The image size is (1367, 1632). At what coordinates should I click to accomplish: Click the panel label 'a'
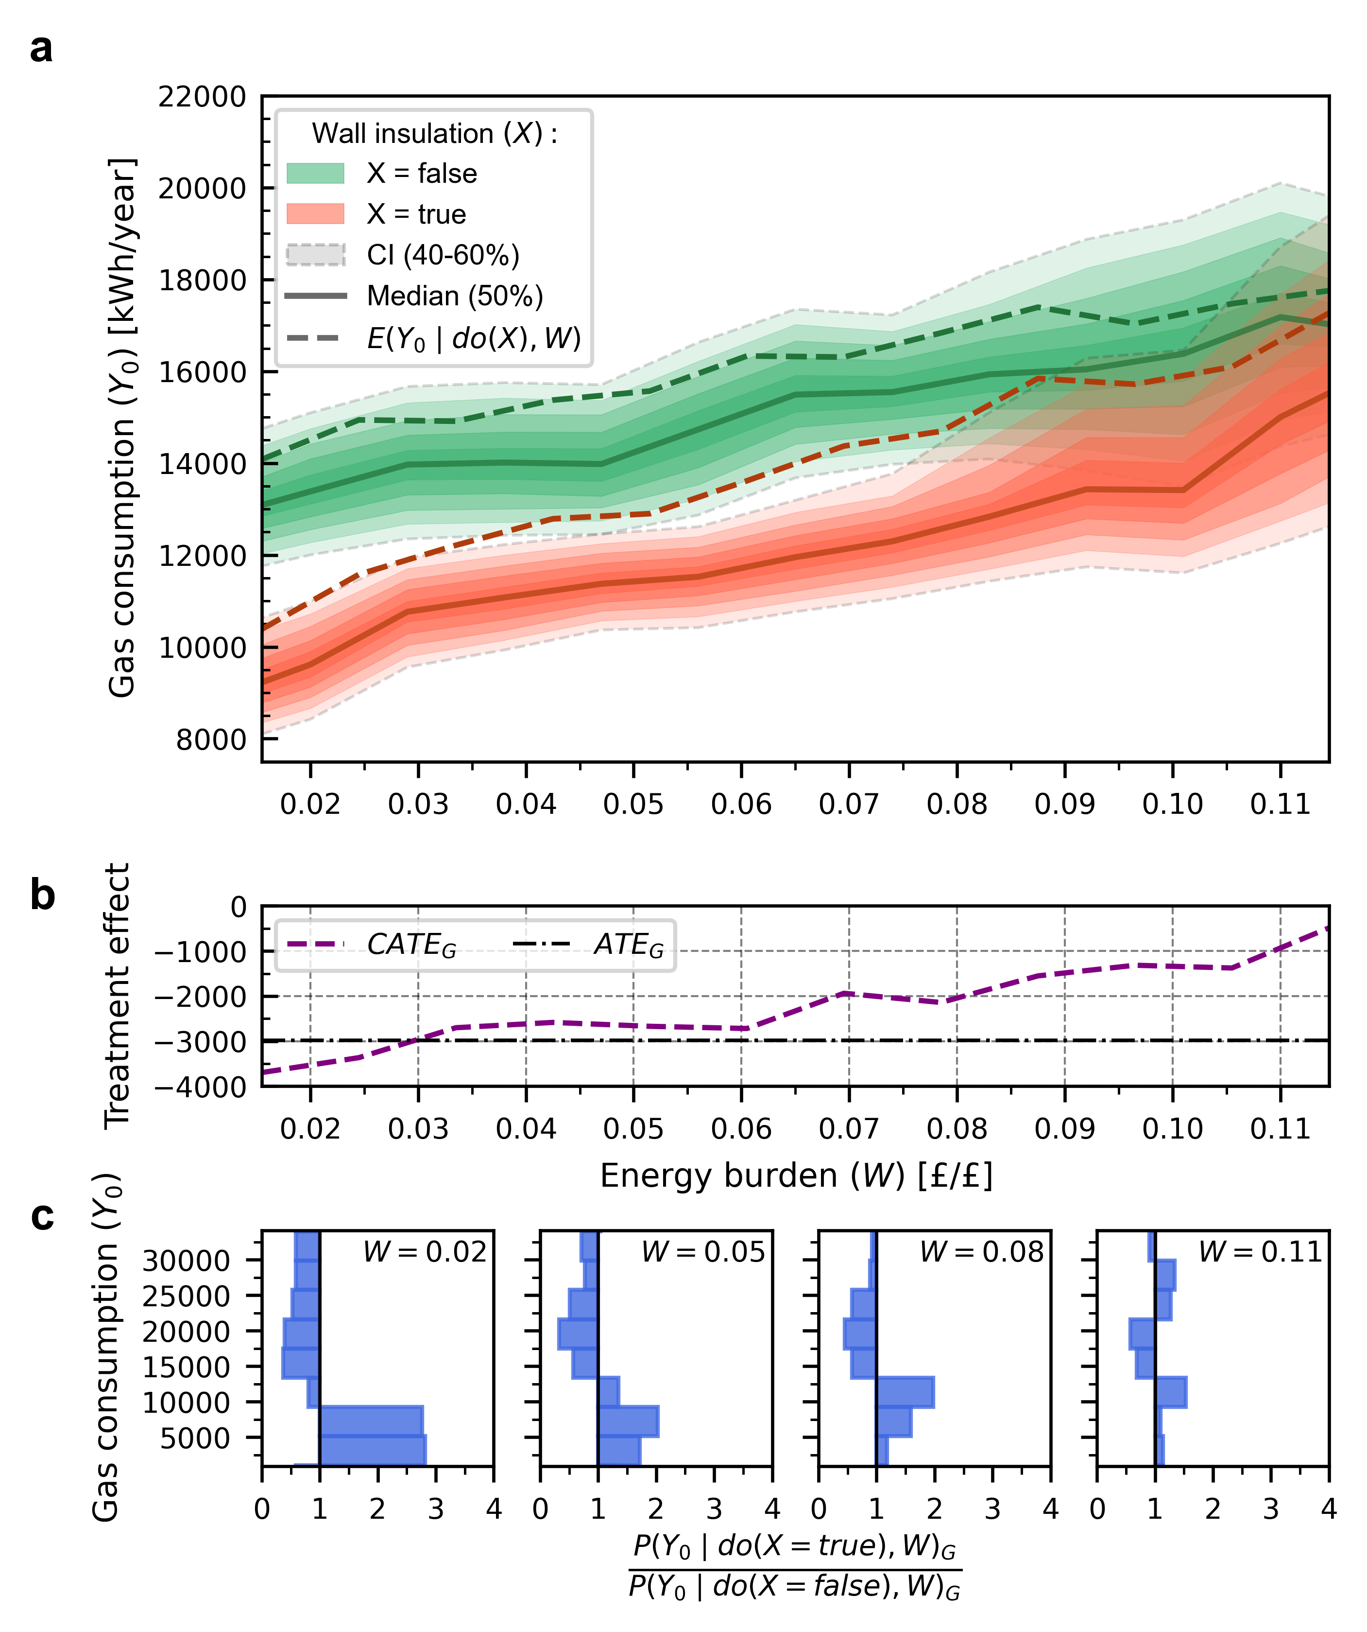point(41,50)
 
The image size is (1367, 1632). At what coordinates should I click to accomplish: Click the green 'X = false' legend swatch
point(315,173)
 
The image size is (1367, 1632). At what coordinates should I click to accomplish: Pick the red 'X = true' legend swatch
point(315,214)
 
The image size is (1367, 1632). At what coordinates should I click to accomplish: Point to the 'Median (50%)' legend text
point(454,296)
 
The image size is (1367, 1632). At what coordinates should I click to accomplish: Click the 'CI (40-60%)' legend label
point(443,255)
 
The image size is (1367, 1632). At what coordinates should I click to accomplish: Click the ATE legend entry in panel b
point(628,945)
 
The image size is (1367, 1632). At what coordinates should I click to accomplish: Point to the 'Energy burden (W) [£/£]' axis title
point(796,1176)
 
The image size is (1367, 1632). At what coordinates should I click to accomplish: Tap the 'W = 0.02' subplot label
point(425,1252)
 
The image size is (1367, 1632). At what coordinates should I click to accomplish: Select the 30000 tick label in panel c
point(187,1261)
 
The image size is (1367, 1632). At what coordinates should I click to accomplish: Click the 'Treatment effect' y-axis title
point(118,996)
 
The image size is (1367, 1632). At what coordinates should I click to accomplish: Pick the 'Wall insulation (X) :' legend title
point(434,134)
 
